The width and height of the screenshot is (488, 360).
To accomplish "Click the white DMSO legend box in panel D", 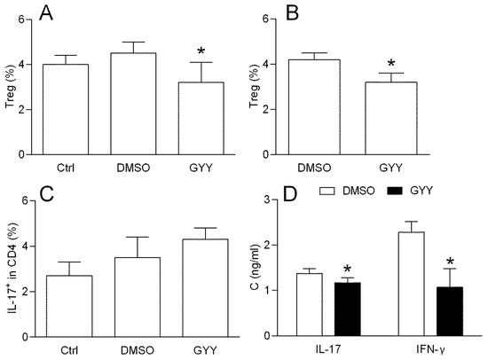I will coord(332,192).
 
